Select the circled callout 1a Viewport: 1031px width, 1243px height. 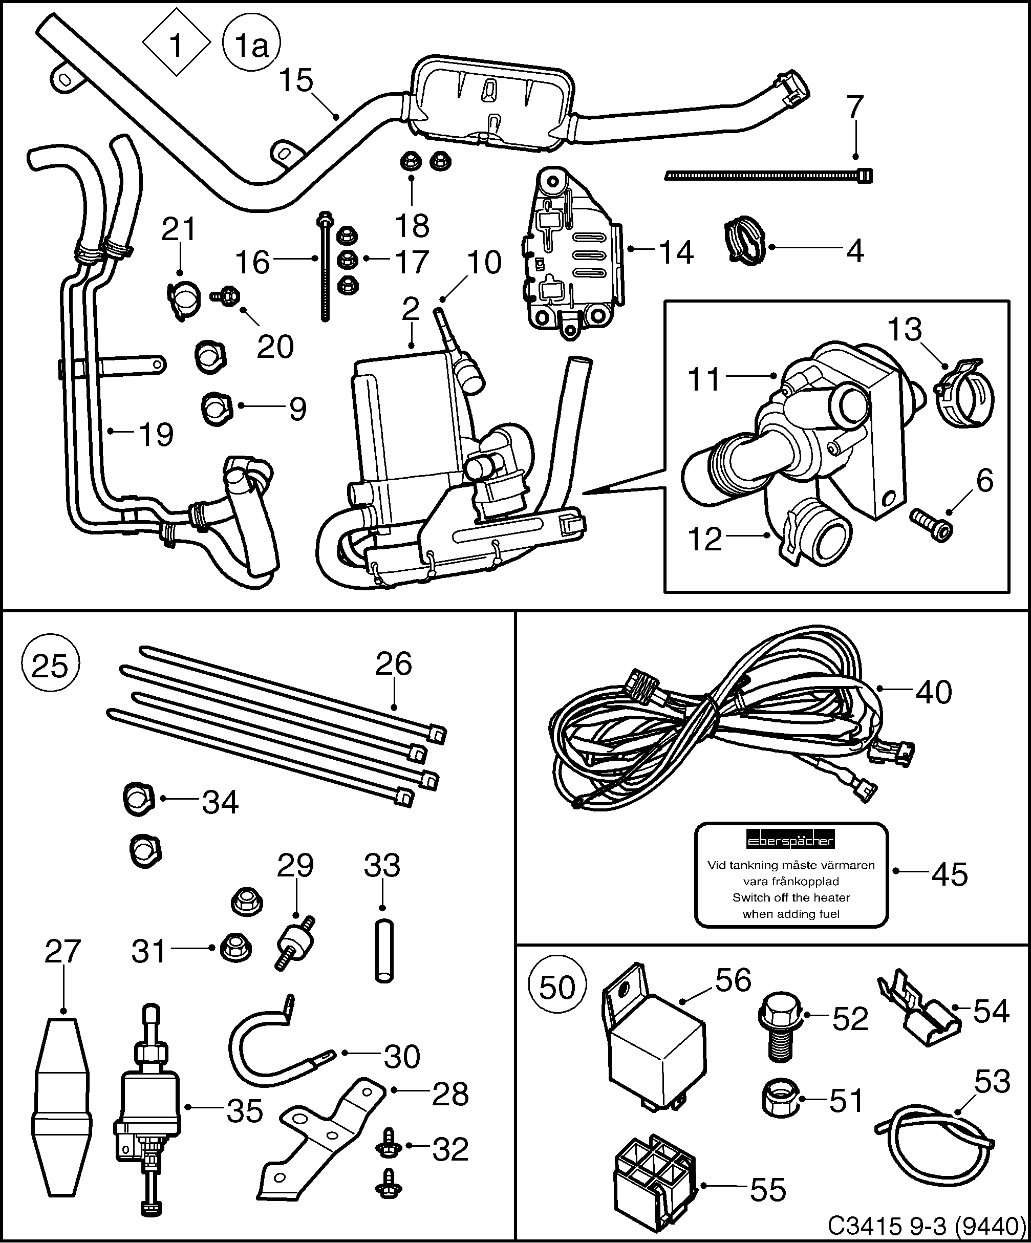click(x=252, y=46)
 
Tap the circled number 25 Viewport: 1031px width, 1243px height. click(x=49, y=667)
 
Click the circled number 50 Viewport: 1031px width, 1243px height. click(x=557, y=988)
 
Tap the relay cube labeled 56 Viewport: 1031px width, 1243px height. click(x=656, y=1058)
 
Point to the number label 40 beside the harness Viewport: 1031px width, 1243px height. click(x=933, y=692)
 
